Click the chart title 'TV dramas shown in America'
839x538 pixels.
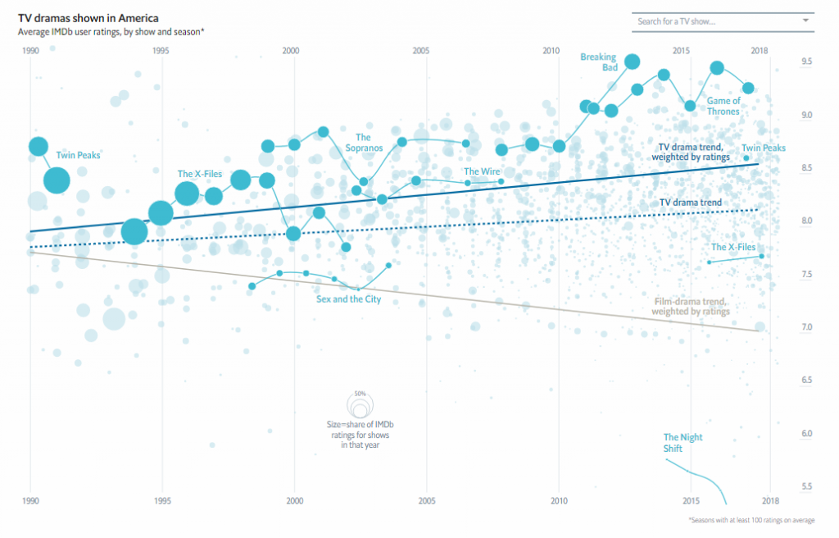(x=88, y=17)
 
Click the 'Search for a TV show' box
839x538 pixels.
(x=713, y=21)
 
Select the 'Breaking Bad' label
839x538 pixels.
(x=599, y=62)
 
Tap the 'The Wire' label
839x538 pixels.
(x=482, y=171)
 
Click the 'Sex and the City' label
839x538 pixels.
(x=348, y=299)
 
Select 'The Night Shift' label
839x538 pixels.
(x=683, y=443)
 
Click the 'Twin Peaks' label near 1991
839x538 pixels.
(x=78, y=154)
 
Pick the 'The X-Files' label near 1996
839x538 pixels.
(x=200, y=174)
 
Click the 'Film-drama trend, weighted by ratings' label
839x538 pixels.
(x=692, y=307)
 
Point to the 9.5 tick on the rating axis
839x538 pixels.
(x=783, y=62)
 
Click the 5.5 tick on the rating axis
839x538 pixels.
(x=783, y=486)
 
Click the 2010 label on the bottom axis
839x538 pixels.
(x=559, y=499)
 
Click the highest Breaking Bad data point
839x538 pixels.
(x=632, y=62)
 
